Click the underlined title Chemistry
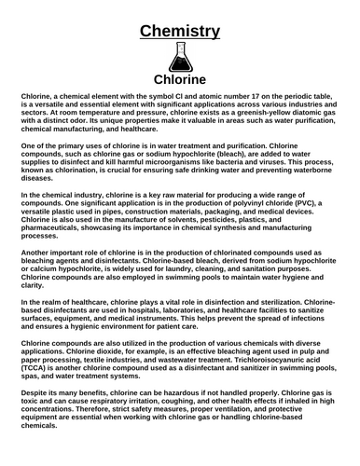point(180,32)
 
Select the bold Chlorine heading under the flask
point(180,79)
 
